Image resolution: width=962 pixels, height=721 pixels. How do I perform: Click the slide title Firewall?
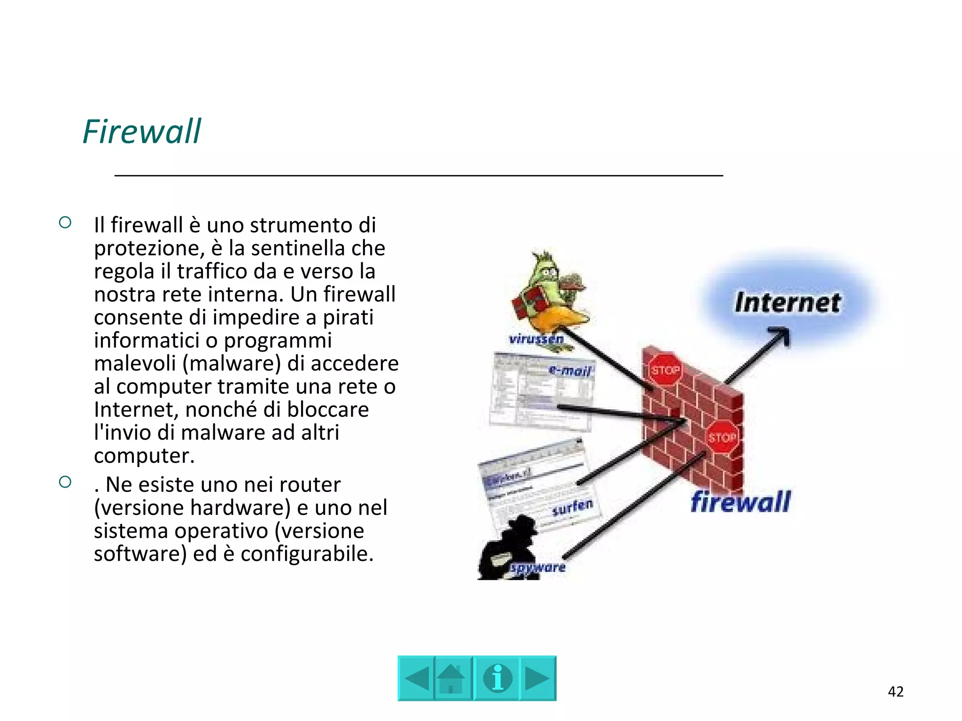(141, 131)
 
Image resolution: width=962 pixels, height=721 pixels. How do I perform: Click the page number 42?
(895, 691)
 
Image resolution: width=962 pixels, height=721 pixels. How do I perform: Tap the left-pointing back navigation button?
(416, 678)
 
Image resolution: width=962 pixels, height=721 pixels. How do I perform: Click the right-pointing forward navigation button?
(537, 678)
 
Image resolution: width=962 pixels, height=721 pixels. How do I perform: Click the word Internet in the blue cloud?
(788, 303)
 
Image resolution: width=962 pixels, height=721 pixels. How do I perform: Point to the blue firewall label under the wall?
(741, 502)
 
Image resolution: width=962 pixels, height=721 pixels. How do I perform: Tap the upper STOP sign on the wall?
(665, 370)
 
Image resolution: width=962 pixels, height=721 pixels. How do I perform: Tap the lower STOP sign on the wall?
(722, 437)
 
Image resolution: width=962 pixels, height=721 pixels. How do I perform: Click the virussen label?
(536, 339)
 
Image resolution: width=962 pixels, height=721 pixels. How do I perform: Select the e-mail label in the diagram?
(569, 371)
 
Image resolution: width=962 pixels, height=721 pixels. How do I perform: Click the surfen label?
(573, 507)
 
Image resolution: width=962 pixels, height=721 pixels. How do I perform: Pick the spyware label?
(538, 568)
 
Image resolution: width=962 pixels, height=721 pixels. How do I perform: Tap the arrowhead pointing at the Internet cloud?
(782, 336)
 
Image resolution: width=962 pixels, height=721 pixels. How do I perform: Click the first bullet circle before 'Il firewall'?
(65, 222)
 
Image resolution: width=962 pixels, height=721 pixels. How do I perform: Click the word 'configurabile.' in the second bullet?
(307, 554)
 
